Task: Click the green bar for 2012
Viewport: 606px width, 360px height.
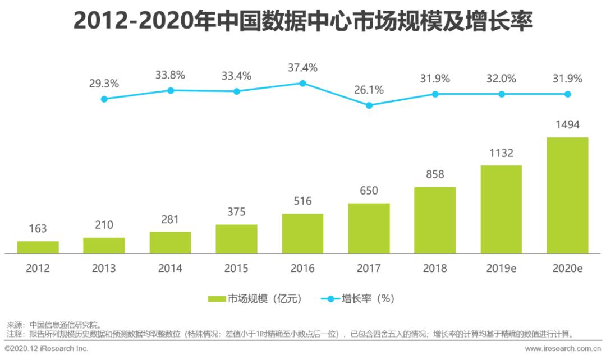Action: tap(38, 247)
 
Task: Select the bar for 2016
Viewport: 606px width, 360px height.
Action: tap(302, 234)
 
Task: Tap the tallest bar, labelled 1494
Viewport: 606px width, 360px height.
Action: tap(567, 195)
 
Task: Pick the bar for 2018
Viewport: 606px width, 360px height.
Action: tap(435, 220)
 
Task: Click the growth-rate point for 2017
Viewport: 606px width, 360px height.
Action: tap(369, 105)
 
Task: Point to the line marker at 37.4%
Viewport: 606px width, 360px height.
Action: tap(302, 83)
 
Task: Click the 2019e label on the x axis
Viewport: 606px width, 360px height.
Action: tap(502, 268)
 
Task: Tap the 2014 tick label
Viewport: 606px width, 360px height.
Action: tap(170, 268)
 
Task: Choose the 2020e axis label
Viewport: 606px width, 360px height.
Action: tap(568, 268)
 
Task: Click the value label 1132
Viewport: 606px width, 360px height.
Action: tap(501, 153)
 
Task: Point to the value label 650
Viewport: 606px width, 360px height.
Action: tap(369, 191)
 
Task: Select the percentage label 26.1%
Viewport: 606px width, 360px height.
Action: tap(369, 90)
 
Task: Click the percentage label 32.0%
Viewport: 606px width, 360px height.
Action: tap(501, 79)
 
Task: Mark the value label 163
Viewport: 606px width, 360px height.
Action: tap(38, 229)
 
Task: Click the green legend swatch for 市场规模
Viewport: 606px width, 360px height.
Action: tap(217, 299)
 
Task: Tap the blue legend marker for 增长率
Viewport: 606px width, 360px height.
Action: tap(330, 299)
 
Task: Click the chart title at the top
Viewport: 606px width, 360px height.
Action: tap(303, 21)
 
